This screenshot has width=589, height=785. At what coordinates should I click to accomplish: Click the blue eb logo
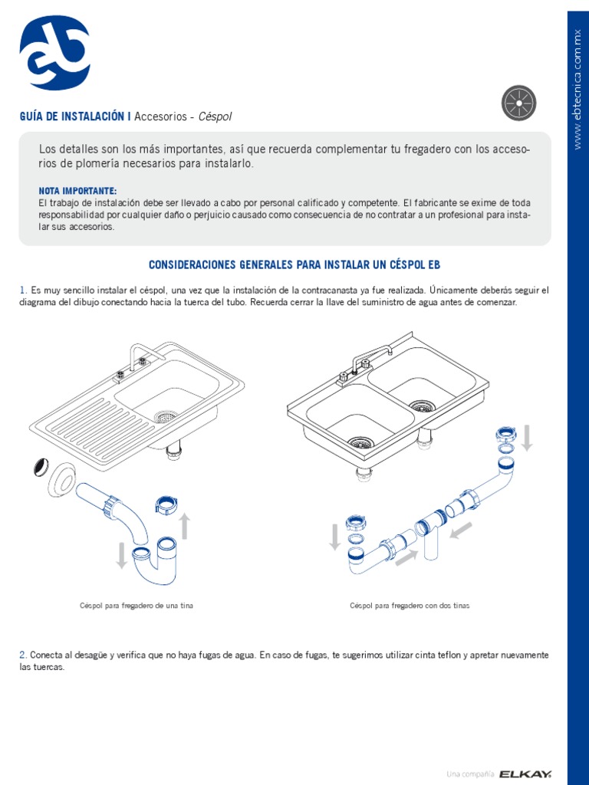point(54,53)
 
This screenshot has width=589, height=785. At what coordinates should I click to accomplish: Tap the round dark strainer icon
point(518,103)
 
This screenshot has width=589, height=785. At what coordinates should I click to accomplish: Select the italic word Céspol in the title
point(215,117)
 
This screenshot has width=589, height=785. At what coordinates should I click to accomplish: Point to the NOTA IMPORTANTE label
point(77,190)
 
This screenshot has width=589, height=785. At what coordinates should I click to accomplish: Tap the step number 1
point(22,291)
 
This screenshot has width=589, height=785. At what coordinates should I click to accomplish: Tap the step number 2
point(23,655)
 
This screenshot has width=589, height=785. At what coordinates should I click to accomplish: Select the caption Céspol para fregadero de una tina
point(137,606)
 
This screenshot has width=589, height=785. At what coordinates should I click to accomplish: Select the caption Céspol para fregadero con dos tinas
point(410,606)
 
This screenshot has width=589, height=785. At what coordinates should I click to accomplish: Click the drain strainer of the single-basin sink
point(165,417)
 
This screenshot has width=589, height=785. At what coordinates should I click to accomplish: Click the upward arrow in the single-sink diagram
point(184,527)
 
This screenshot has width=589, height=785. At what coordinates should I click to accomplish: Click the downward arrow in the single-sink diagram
point(121,555)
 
